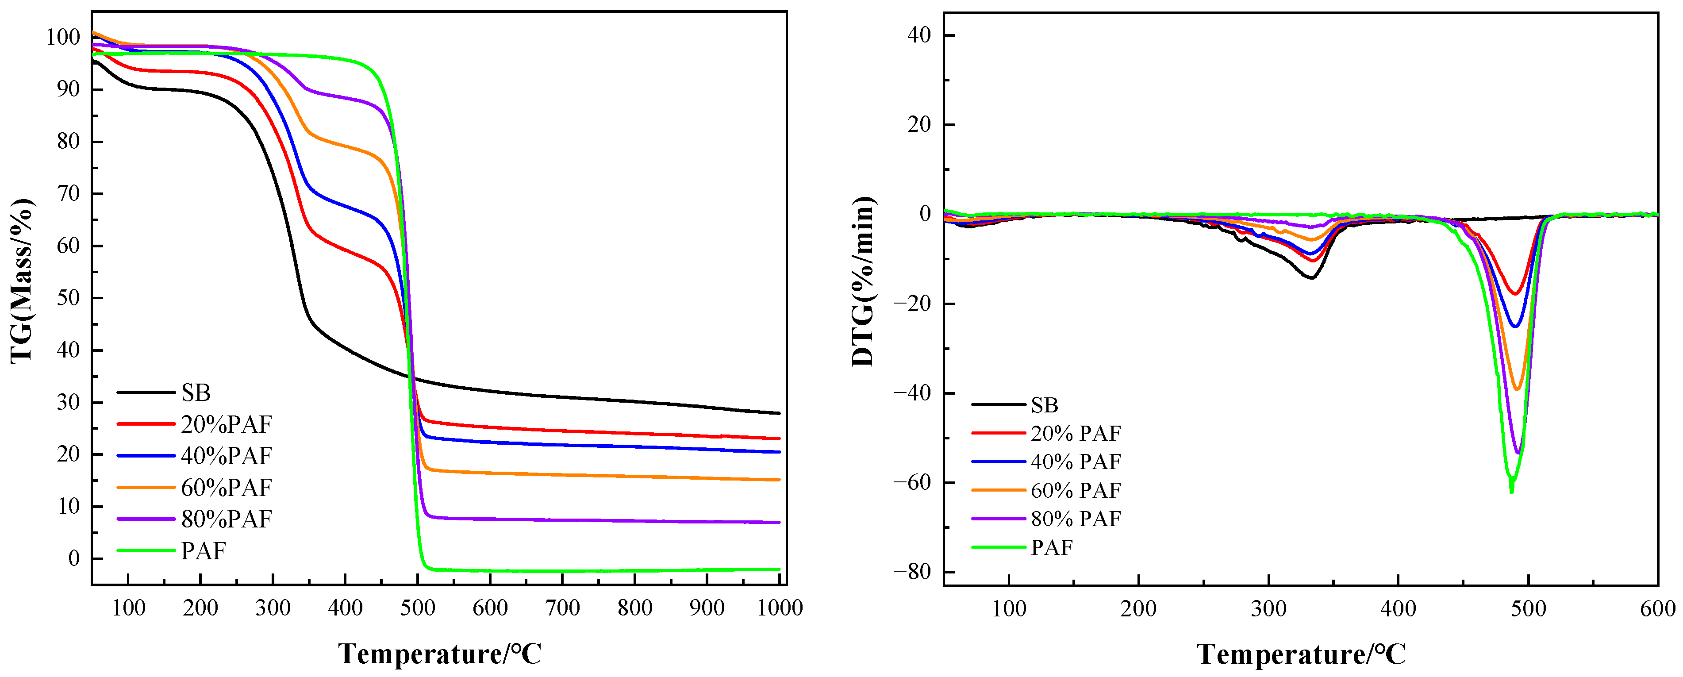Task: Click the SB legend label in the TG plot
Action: pos(196,393)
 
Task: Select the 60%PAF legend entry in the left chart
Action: pos(226,488)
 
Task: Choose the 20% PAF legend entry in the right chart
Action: pos(1076,433)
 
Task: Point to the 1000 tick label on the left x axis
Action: pos(780,608)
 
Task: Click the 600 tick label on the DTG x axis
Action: pos(1657,609)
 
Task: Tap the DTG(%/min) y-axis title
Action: pos(863,281)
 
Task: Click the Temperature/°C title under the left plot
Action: pos(440,654)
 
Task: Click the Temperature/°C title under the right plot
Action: pos(1301,654)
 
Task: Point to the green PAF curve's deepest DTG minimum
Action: pos(1511,492)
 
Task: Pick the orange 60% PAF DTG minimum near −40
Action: pos(1517,389)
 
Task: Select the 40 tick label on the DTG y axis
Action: pos(918,35)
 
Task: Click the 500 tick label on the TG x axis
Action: pos(418,608)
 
